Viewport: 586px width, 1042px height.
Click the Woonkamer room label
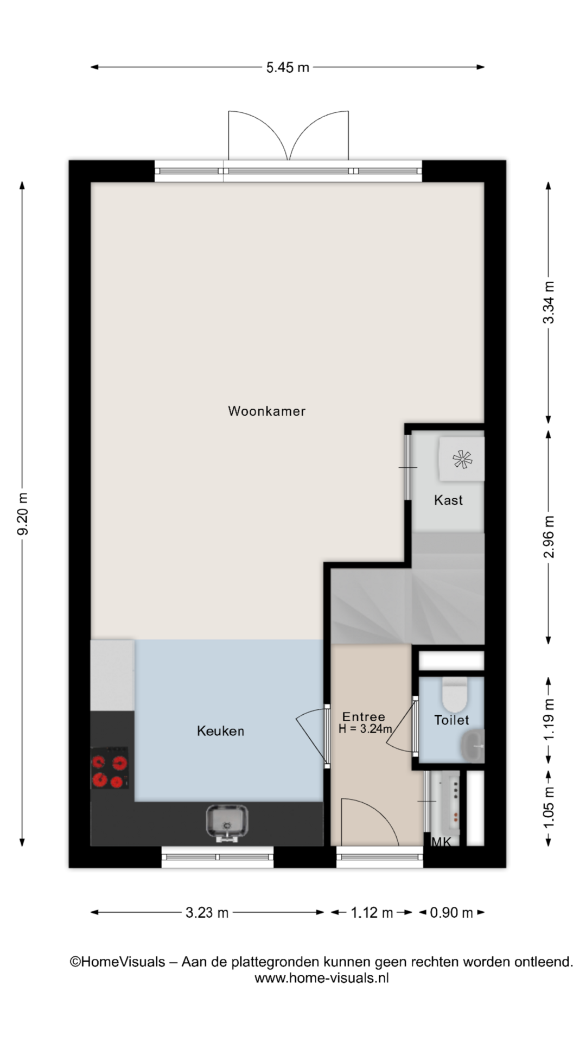pos(266,411)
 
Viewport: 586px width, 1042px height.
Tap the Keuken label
pos(220,731)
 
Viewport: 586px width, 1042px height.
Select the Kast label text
pos(448,500)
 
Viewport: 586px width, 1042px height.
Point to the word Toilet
pos(451,720)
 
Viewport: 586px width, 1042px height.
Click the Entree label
pos(364,717)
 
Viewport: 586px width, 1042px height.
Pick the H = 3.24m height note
pos(365,729)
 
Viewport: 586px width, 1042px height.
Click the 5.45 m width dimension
pos(288,67)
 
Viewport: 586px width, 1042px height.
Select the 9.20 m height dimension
pos(23,513)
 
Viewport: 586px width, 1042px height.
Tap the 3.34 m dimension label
pos(549,302)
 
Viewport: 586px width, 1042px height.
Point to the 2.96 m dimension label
pos(549,537)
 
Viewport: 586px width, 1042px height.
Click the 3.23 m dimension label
pos(207,913)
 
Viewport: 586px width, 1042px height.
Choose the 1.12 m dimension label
pos(372,913)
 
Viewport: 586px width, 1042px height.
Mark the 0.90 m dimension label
pos(451,913)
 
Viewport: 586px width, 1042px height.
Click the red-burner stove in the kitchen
pos(110,767)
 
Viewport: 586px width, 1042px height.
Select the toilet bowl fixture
pos(455,694)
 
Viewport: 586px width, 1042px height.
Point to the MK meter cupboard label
pos(441,842)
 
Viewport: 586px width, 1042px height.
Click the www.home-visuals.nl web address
pos(322,978)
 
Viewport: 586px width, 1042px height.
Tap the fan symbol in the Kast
pos(462,460)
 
